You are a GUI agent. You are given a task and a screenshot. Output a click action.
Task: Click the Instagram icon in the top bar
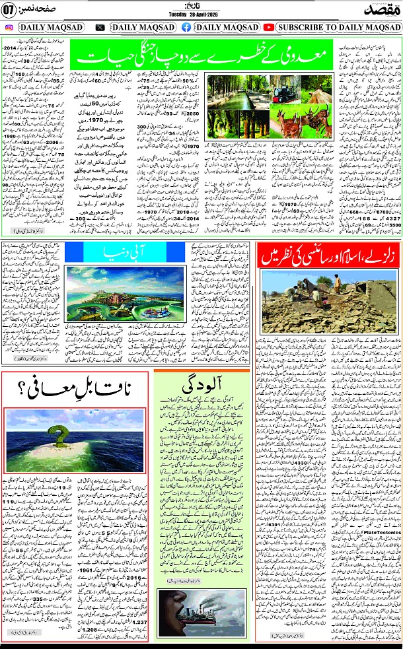tap(9, 27)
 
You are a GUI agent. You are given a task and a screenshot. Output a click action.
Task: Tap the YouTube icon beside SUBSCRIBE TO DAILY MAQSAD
tap(269, 27)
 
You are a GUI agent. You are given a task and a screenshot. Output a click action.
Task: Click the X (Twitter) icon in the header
tap(100, 27)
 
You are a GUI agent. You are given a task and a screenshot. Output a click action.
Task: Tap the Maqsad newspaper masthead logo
tap(379, 9)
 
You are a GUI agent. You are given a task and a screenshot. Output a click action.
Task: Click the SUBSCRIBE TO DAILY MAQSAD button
tap(336, 27)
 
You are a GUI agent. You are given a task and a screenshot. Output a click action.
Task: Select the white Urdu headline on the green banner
tap(203, 57)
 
